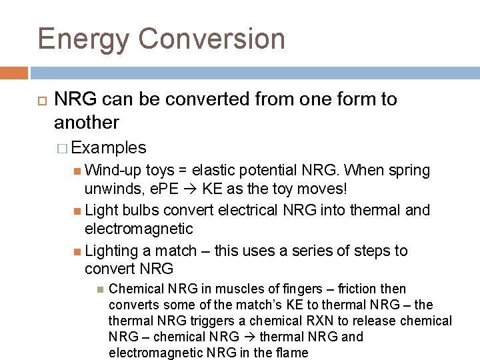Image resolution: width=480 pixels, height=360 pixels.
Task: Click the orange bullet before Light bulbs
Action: point(79,211)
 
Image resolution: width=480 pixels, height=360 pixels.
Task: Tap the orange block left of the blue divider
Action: point(14,72)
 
